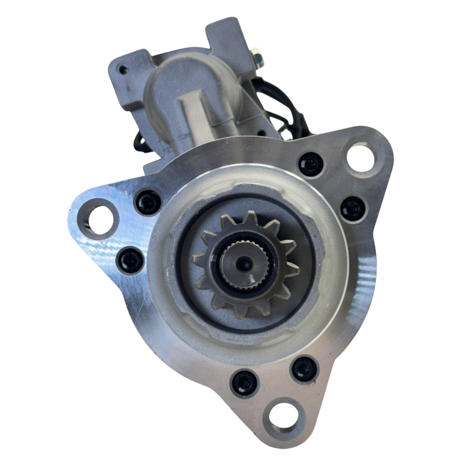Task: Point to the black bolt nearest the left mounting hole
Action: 148,201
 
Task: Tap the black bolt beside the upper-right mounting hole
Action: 310,163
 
